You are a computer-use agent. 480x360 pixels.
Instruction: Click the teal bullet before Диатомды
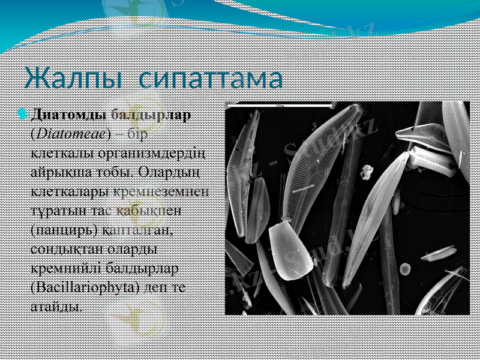click(23, 113)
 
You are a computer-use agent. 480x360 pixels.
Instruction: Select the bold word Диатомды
click(68, 113)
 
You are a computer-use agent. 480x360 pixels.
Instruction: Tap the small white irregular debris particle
click(364, 173)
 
